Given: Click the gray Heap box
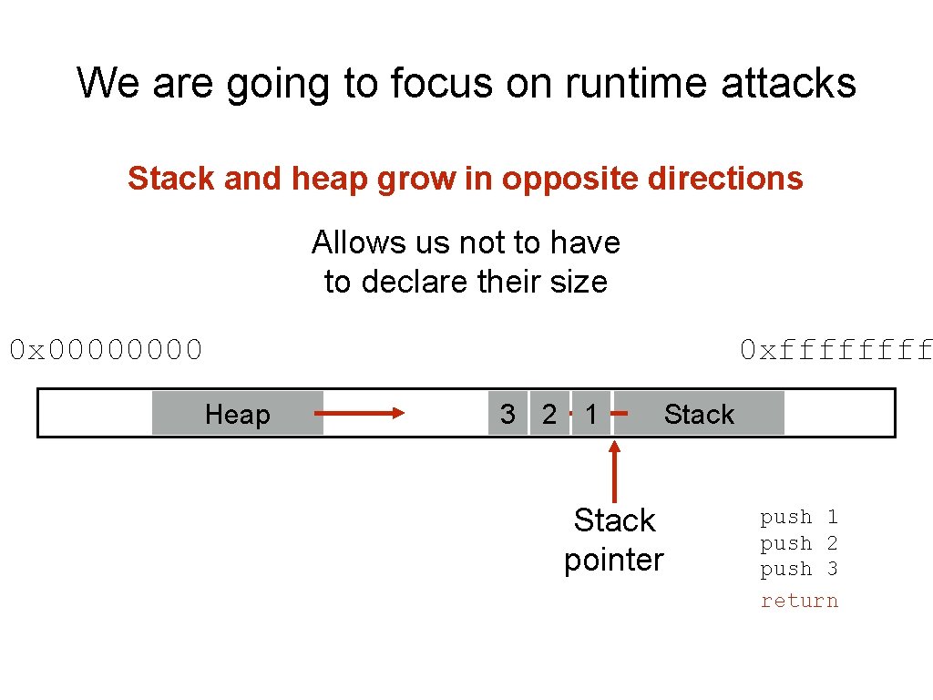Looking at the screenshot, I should [x=238, y=414].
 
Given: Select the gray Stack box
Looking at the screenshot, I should [x=699, y=414].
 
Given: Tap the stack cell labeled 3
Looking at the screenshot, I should [x=508, y=414].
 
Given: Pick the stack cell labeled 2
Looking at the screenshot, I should [x=549, y=414].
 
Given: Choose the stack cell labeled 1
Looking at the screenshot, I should [x=591, y=414].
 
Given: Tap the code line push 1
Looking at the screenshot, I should [x=799, y=517].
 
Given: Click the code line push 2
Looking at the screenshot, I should [x=799, y=543].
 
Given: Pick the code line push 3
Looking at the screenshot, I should [x=799, y=569].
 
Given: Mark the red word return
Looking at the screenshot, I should [x=799, y=601].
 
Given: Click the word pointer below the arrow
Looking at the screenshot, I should [x=613, y=560].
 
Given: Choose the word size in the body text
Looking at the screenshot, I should [x=578, y=282].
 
